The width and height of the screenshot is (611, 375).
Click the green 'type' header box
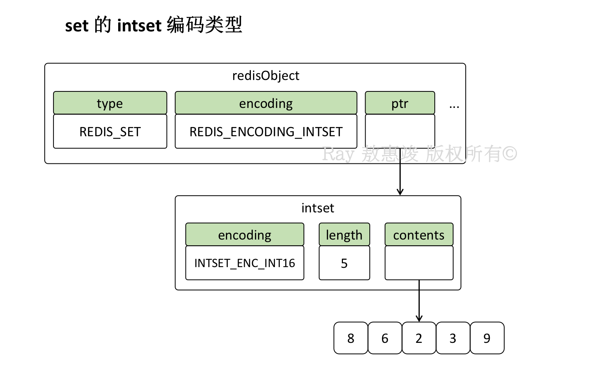coord(110,103)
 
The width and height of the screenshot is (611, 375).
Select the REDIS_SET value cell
coord(110,131)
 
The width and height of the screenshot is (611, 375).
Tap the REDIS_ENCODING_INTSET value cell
coord(266,131)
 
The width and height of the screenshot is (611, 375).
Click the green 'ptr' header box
coord(400,103)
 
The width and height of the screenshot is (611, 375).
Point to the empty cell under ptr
coord(400,131)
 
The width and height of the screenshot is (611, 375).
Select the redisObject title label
coord(266,76)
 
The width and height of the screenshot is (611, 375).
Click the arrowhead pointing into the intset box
coord(400,192)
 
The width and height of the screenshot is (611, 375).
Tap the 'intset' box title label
coord(318,208)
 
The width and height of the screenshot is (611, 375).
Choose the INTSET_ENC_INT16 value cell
coord(245,263)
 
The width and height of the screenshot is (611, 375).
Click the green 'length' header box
coord(344,235)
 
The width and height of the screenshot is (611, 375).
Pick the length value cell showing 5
coord(344,263)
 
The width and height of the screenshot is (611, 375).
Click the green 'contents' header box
coord(419,235)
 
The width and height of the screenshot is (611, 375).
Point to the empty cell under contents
coord(419,263)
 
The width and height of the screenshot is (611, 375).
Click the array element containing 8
coord(351,338)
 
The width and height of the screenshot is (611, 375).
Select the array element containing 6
coord(385,338)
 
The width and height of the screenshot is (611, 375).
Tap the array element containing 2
coord(419,338)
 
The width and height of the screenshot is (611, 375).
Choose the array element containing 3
coord(453,338)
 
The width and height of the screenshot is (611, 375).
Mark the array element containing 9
coord(487,338)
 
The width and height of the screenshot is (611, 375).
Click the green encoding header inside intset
coord(245,235)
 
